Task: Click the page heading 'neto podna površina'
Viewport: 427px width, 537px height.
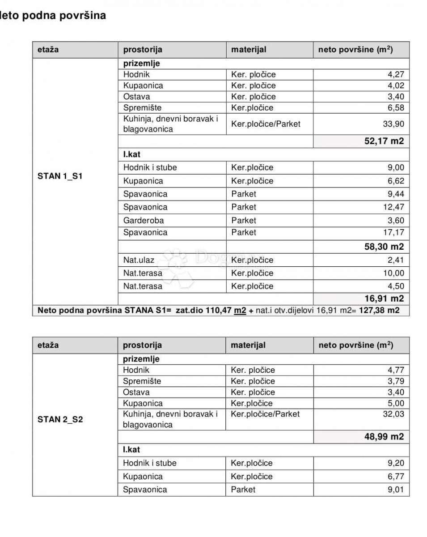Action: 53,16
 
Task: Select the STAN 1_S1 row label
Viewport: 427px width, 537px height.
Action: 60,176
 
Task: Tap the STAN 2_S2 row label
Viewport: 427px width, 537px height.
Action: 60,420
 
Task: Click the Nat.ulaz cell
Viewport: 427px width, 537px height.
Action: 142,260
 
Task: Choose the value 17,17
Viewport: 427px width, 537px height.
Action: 393,233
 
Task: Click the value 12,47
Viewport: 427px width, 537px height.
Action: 393,207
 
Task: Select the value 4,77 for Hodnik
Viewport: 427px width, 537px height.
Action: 395,370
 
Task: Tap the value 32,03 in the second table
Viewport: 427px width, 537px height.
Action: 393,414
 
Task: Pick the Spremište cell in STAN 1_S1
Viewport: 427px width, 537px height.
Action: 143,108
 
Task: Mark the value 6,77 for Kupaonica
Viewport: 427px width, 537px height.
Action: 396,477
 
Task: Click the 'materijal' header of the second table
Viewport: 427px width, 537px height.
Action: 248,345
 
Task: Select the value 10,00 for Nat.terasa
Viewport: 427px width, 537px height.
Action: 393,273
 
